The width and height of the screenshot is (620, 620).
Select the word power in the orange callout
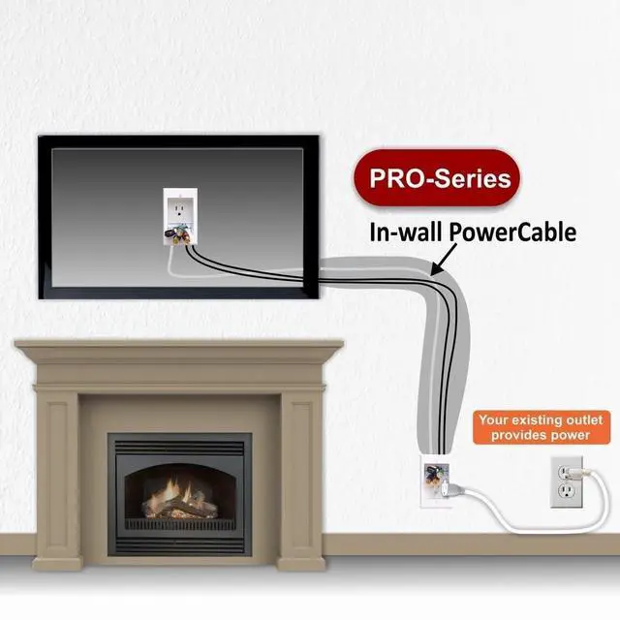click(568, 435)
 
